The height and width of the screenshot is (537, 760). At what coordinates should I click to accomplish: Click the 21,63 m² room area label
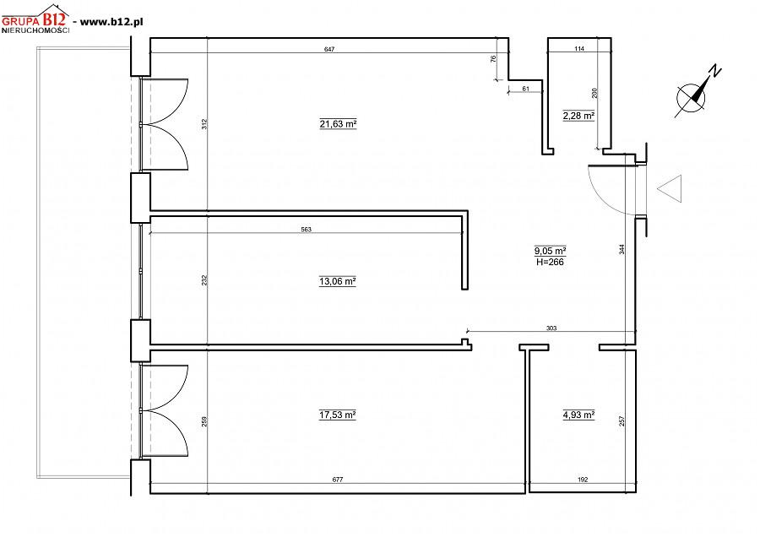coord(338,124)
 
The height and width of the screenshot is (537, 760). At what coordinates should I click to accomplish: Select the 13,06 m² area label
coord(337,281)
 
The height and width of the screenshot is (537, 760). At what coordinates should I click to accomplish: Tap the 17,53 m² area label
coord(337,415)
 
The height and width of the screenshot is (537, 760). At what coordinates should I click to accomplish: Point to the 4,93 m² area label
coord(578,415)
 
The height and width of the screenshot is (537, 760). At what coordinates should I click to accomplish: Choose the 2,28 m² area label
coord(578,116)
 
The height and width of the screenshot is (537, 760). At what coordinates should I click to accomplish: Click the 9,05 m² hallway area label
coord(550,251)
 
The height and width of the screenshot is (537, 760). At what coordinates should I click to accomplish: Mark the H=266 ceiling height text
coord(550,263)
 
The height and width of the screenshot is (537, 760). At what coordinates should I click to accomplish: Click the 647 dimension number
coord(329,49)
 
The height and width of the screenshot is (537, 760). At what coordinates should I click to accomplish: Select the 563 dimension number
coord(306,230)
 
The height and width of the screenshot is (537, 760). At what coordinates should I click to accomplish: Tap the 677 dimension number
coord(337,480)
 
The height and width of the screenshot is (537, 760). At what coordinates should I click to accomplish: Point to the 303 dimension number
coord(551,328)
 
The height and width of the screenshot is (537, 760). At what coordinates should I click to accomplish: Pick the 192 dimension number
coord(583,480)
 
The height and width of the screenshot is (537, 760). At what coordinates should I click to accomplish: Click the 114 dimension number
coord(579,48)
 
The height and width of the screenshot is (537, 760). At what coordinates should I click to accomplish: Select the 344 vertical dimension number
coord(622,249)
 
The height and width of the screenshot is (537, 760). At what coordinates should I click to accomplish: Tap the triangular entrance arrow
coord(670,188)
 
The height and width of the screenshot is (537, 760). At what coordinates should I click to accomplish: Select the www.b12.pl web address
coord(111,22)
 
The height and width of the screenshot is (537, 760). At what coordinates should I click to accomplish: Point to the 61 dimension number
coord(525,89)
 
